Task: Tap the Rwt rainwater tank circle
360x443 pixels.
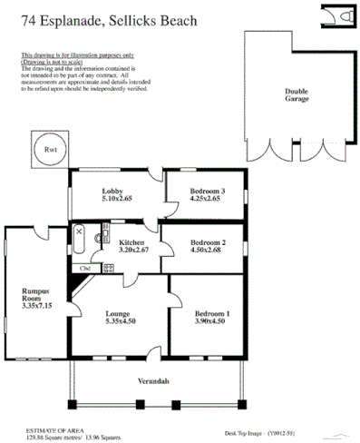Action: click(x=48, y=149)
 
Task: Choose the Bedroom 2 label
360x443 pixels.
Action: click(x=208, y=242)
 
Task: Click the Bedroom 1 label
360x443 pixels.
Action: click(x=212, y=314)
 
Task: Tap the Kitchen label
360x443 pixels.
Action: click(x=133, y=242)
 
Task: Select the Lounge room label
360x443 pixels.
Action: click(x=119, y=314)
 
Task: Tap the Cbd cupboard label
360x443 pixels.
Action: click(x=85, y=269)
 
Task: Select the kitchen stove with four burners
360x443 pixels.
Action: click(x=108, y=268)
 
